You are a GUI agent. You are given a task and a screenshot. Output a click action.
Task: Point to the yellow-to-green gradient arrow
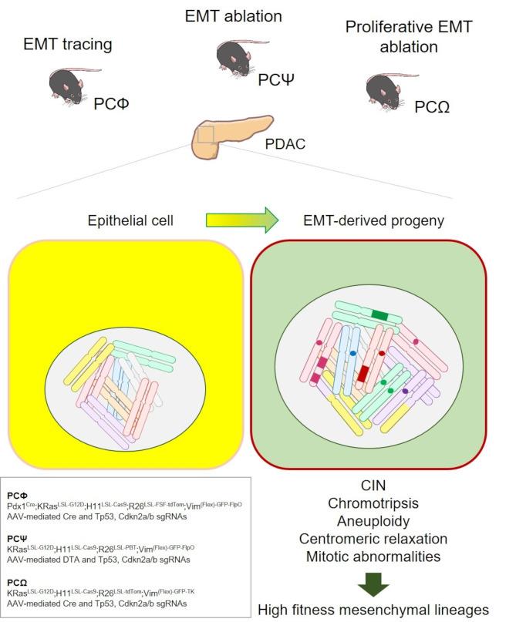(243, 220)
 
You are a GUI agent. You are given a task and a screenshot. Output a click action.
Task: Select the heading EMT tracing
(68, 44)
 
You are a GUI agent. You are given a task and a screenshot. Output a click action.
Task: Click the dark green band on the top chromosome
(379, 314)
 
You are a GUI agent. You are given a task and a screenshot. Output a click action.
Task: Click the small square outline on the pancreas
(204, 136)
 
